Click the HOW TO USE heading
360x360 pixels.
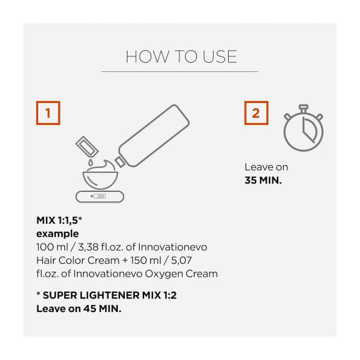point(181,56)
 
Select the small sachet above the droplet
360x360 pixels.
point(87,146)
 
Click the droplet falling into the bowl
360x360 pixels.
point(90,162)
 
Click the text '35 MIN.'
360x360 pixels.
point(263,181)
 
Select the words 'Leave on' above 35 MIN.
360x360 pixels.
point(266,167)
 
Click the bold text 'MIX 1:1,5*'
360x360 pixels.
point(59,220)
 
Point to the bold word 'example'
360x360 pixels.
point(58,234)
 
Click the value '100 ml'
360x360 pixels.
point(52,247)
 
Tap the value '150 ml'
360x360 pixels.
point(146,260)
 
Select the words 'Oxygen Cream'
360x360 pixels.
point(181,274)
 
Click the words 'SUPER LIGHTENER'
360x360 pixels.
point(91,295)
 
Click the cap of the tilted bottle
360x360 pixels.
point(120,162)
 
